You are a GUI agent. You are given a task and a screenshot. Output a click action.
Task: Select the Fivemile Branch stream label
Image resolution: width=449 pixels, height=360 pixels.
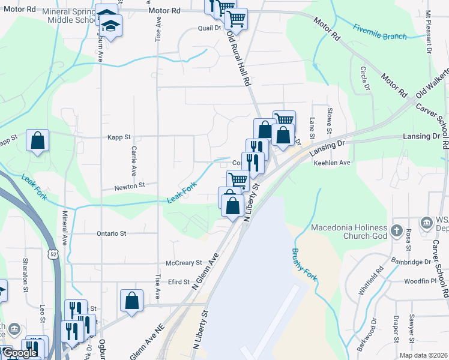[x=379, y=32]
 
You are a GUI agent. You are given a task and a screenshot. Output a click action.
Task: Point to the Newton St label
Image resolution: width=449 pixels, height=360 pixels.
[x=130, y=187]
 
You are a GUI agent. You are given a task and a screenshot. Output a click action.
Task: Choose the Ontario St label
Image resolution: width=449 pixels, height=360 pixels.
[x=111, y=233]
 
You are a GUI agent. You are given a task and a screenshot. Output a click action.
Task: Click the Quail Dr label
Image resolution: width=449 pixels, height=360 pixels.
[x=210, y=28]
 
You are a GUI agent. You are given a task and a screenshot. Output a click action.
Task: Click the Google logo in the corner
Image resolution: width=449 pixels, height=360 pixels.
[x=19, y=353]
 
